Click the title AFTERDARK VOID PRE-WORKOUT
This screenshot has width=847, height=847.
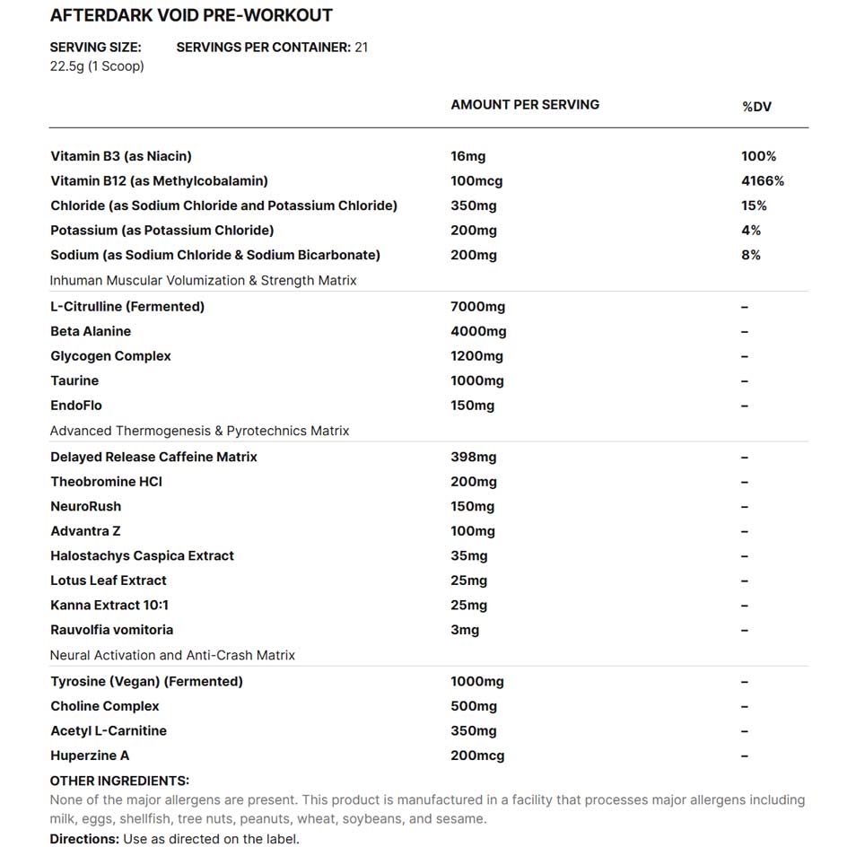(190, 15)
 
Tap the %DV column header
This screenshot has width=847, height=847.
(756, 107)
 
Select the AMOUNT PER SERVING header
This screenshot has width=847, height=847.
(525, 104)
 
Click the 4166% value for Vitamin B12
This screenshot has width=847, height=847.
(763, 180)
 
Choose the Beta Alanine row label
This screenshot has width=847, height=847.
(91, 331)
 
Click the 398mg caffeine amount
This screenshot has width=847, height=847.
(473, 457)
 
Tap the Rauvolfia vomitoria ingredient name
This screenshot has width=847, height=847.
(112, 630)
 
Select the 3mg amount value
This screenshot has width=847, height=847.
(465, 630)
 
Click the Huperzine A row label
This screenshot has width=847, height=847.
(90, 755)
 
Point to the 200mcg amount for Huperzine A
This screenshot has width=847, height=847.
(477, 755)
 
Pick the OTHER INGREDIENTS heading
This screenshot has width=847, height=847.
(119, 781)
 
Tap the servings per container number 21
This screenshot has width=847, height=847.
(361, 47)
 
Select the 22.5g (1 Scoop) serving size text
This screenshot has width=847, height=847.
(97, 66)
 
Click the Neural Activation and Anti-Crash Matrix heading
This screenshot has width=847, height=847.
(172, 655)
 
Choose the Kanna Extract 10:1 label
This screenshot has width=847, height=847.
(109, 605)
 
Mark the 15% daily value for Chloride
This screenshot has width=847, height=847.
(754, 205)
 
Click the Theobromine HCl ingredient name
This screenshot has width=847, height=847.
(106, 482)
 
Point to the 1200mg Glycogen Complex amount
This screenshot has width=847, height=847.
(476, 356)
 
